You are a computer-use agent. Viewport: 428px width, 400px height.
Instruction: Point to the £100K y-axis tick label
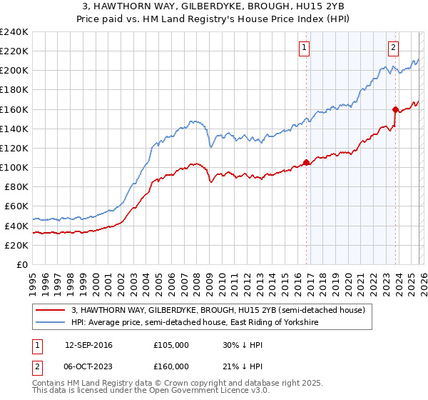[x=14, y=167]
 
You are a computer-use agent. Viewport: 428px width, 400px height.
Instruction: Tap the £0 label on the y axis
[x=21, y=264]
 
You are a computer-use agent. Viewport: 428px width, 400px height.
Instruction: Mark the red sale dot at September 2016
[x=306, y=162]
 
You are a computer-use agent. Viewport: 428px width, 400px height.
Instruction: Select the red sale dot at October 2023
[x=395, y=109]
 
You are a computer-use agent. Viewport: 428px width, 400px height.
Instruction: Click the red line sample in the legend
[x=51, y=310]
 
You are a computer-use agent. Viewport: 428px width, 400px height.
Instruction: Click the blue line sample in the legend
[x=51, y=323]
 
